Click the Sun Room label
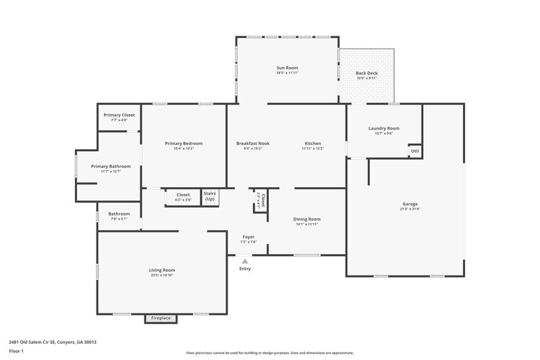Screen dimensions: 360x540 click(287, 68)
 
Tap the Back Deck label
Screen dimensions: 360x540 click(367, 73)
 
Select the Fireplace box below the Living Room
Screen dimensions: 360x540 click(161, 318)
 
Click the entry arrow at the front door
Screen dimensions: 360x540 click(244, 261)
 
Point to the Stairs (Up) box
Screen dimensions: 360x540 click(209, 196)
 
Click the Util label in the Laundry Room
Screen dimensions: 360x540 click(414, 151)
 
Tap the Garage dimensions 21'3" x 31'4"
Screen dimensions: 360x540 click(410, 209)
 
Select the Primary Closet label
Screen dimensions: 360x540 click(119, 115)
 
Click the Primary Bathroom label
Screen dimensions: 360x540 click(111, 166)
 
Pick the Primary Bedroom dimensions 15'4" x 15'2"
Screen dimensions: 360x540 click(184, 149)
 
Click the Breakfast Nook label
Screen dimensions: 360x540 click(252, 143)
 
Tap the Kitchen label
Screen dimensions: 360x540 click(313, 143)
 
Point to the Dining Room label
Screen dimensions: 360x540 click(306, 219)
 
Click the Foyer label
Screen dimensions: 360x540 click(248, 236)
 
